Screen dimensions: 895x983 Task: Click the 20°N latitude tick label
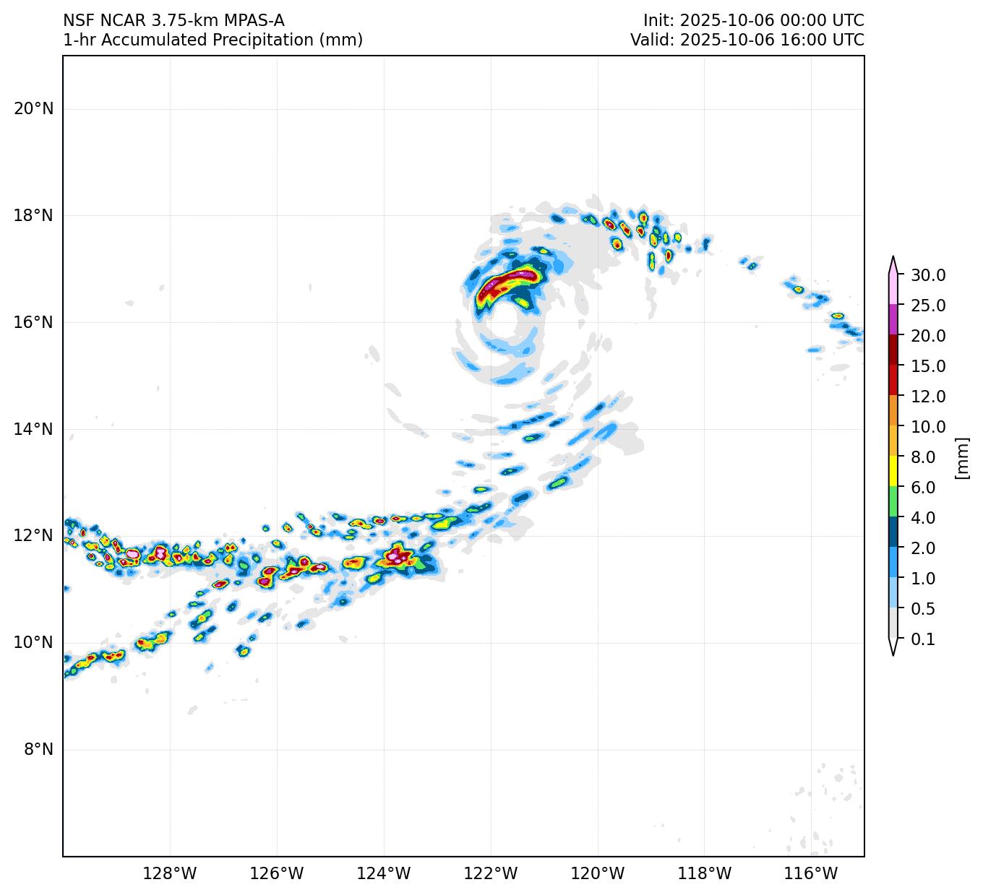[x=33, y=109]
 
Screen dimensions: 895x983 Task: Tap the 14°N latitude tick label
[x=33, y=430]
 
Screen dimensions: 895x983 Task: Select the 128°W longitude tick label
[x=170, y=874]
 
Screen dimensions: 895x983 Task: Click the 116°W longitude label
[x=812, y=874]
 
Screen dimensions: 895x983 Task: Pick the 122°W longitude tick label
[x=491, y=874]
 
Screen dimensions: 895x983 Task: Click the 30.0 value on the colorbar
[x=928, y=275]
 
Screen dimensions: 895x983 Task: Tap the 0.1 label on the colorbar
[x=923, y=639]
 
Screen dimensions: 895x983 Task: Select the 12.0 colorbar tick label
[x=928, y=397]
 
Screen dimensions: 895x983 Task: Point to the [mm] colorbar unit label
[x=961, y=458]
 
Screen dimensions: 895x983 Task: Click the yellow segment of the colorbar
[x=893, y=471]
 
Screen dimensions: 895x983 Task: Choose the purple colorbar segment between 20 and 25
[x=893, y=319]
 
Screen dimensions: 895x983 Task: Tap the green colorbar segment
[x=893, y=501]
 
